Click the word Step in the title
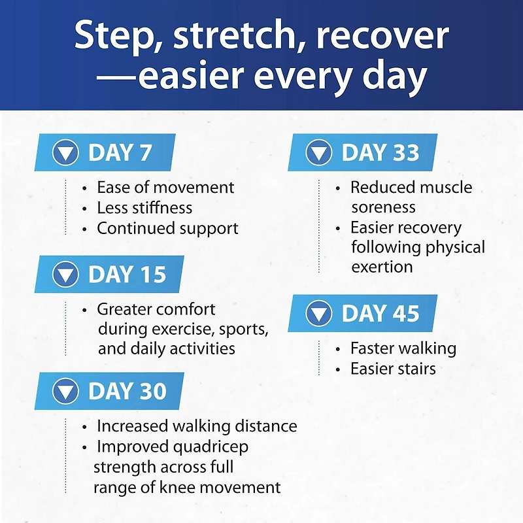click(x=112, y=36)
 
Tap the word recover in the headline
click(x=382, y=36)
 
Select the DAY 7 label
click(x=120, y=152)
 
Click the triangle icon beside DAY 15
click(x=66, y=274)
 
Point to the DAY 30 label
click(x=127, y=391)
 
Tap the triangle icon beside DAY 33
click(x=319, y=152)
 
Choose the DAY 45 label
click(x=380, y=314)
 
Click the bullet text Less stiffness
click(x=144, y=208)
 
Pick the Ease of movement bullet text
click(x=165, y=188)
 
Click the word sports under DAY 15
click(x=243, y=329)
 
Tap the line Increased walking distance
click(x=197, y=426)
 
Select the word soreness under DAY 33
click(x=383, y=207)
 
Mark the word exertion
click(x=382, y=267)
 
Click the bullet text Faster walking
click(x=403, y=348)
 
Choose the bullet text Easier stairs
click(x=393, y=369)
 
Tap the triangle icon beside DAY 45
click(x=319, y=313)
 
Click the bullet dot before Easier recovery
click(x=338, y=229)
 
